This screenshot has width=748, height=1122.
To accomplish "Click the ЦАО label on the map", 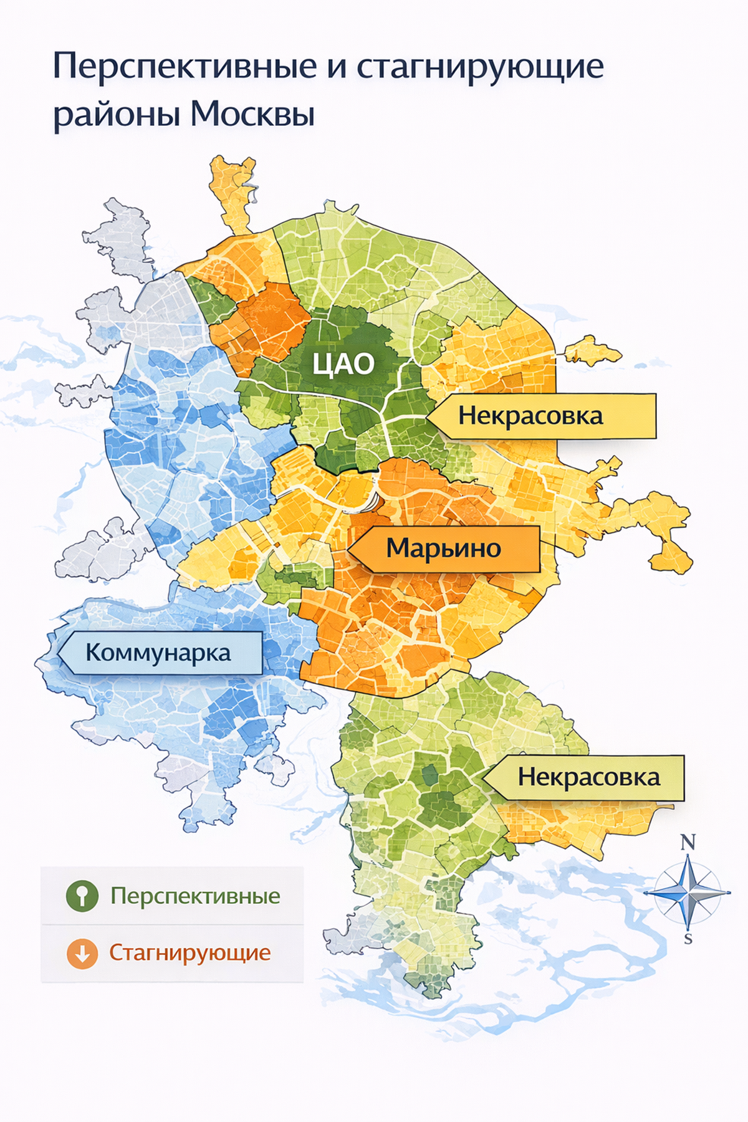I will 343,364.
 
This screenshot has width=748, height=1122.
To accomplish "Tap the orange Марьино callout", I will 444,549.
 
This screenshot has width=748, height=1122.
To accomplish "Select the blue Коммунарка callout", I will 159,653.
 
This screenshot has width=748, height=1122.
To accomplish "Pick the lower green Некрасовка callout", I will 588,777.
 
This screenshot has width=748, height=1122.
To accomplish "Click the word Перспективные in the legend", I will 195,896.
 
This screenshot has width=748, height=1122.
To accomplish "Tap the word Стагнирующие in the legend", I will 189,952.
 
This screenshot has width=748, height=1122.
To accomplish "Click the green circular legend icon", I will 82,896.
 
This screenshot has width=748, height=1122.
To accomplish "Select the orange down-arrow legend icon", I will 82,953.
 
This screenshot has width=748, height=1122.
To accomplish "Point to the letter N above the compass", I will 688,843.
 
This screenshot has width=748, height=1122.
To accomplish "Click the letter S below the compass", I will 688,939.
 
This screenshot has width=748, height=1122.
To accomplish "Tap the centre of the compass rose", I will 688,893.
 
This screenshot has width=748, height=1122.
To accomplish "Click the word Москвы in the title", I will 252,114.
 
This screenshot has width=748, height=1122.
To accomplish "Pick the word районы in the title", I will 116,115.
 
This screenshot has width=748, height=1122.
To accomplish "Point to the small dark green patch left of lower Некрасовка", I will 429,775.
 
